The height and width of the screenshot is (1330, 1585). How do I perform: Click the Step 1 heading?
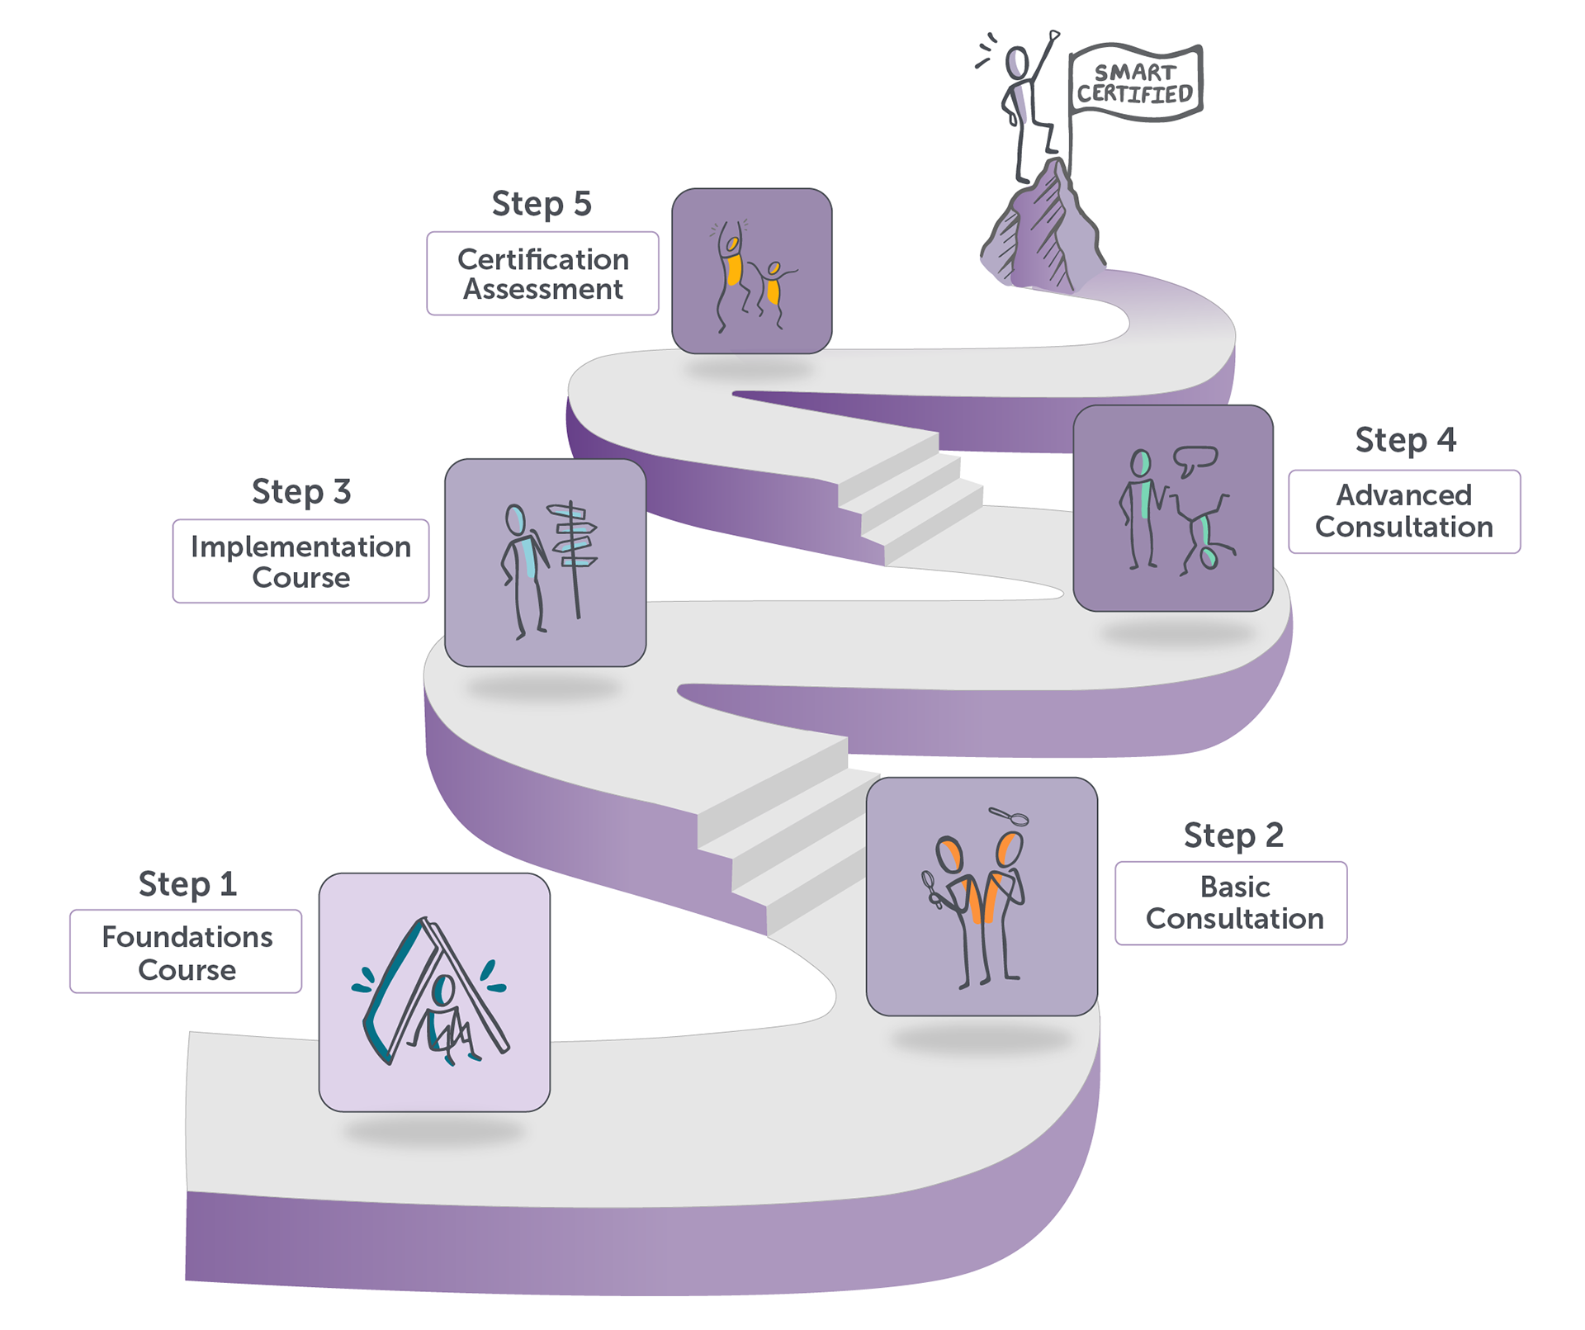point(187,884)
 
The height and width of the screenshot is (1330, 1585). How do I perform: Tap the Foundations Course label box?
point(186,951)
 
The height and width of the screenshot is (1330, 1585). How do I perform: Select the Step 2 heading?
point(1233,835)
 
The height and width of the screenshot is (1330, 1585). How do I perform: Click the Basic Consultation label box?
point(1231,903)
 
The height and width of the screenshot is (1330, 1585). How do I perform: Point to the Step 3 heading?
point(301,492)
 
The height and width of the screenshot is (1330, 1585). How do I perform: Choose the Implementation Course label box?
point(300,561)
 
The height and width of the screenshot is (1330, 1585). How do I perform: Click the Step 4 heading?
point(1405,440)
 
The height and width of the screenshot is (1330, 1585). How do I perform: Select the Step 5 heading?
point(542,204)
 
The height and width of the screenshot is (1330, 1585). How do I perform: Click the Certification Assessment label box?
point(542,274)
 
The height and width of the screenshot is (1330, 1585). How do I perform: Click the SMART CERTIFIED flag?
point(1135,83)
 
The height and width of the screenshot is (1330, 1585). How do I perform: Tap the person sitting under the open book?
point(443,1020)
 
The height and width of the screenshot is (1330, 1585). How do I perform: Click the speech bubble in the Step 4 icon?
point(1195,459)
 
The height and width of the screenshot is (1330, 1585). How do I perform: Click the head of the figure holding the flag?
point(1017,63)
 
